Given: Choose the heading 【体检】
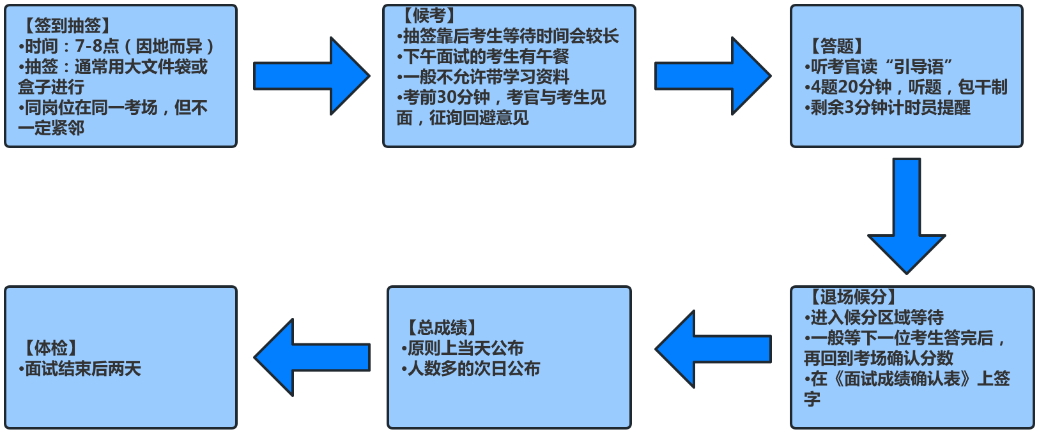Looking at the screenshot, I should pyautogui.click(x=51, y=348).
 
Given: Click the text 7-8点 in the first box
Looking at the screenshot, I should pyautogui.click(x=97, y=46).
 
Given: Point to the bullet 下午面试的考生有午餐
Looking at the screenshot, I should pyautogui.click(x=484, y=56).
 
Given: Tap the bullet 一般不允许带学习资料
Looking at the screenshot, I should pyautogui.click(x=484, y=77).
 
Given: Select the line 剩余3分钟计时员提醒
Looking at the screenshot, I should pyautogui.click(x=888, y=107).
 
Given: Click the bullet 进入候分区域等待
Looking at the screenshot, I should pyautogui.click(x=874, y=317).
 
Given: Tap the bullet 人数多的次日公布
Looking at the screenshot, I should pyautogui.click(x=472, y=369).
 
